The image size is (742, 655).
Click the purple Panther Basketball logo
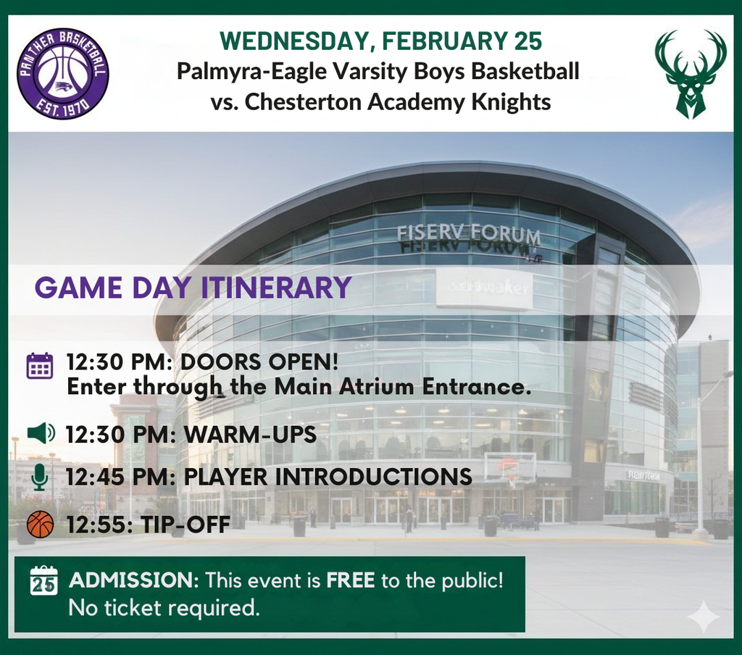pos(63,73)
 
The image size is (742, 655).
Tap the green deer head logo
pos(690,73)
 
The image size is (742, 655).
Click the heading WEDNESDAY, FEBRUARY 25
pos(380,41)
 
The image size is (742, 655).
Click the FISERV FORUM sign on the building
pos(468,234)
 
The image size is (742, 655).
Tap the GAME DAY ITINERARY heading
pos(193,288)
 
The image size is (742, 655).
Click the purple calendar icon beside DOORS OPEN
pos(40,366)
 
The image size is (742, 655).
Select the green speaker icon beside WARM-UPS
pos(41,434)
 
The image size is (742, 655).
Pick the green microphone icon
pos(40,477)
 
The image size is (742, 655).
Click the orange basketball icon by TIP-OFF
pos(40,524)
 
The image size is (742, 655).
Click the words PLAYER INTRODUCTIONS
pos(328,477)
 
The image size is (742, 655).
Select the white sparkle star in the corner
pos(703,617)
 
